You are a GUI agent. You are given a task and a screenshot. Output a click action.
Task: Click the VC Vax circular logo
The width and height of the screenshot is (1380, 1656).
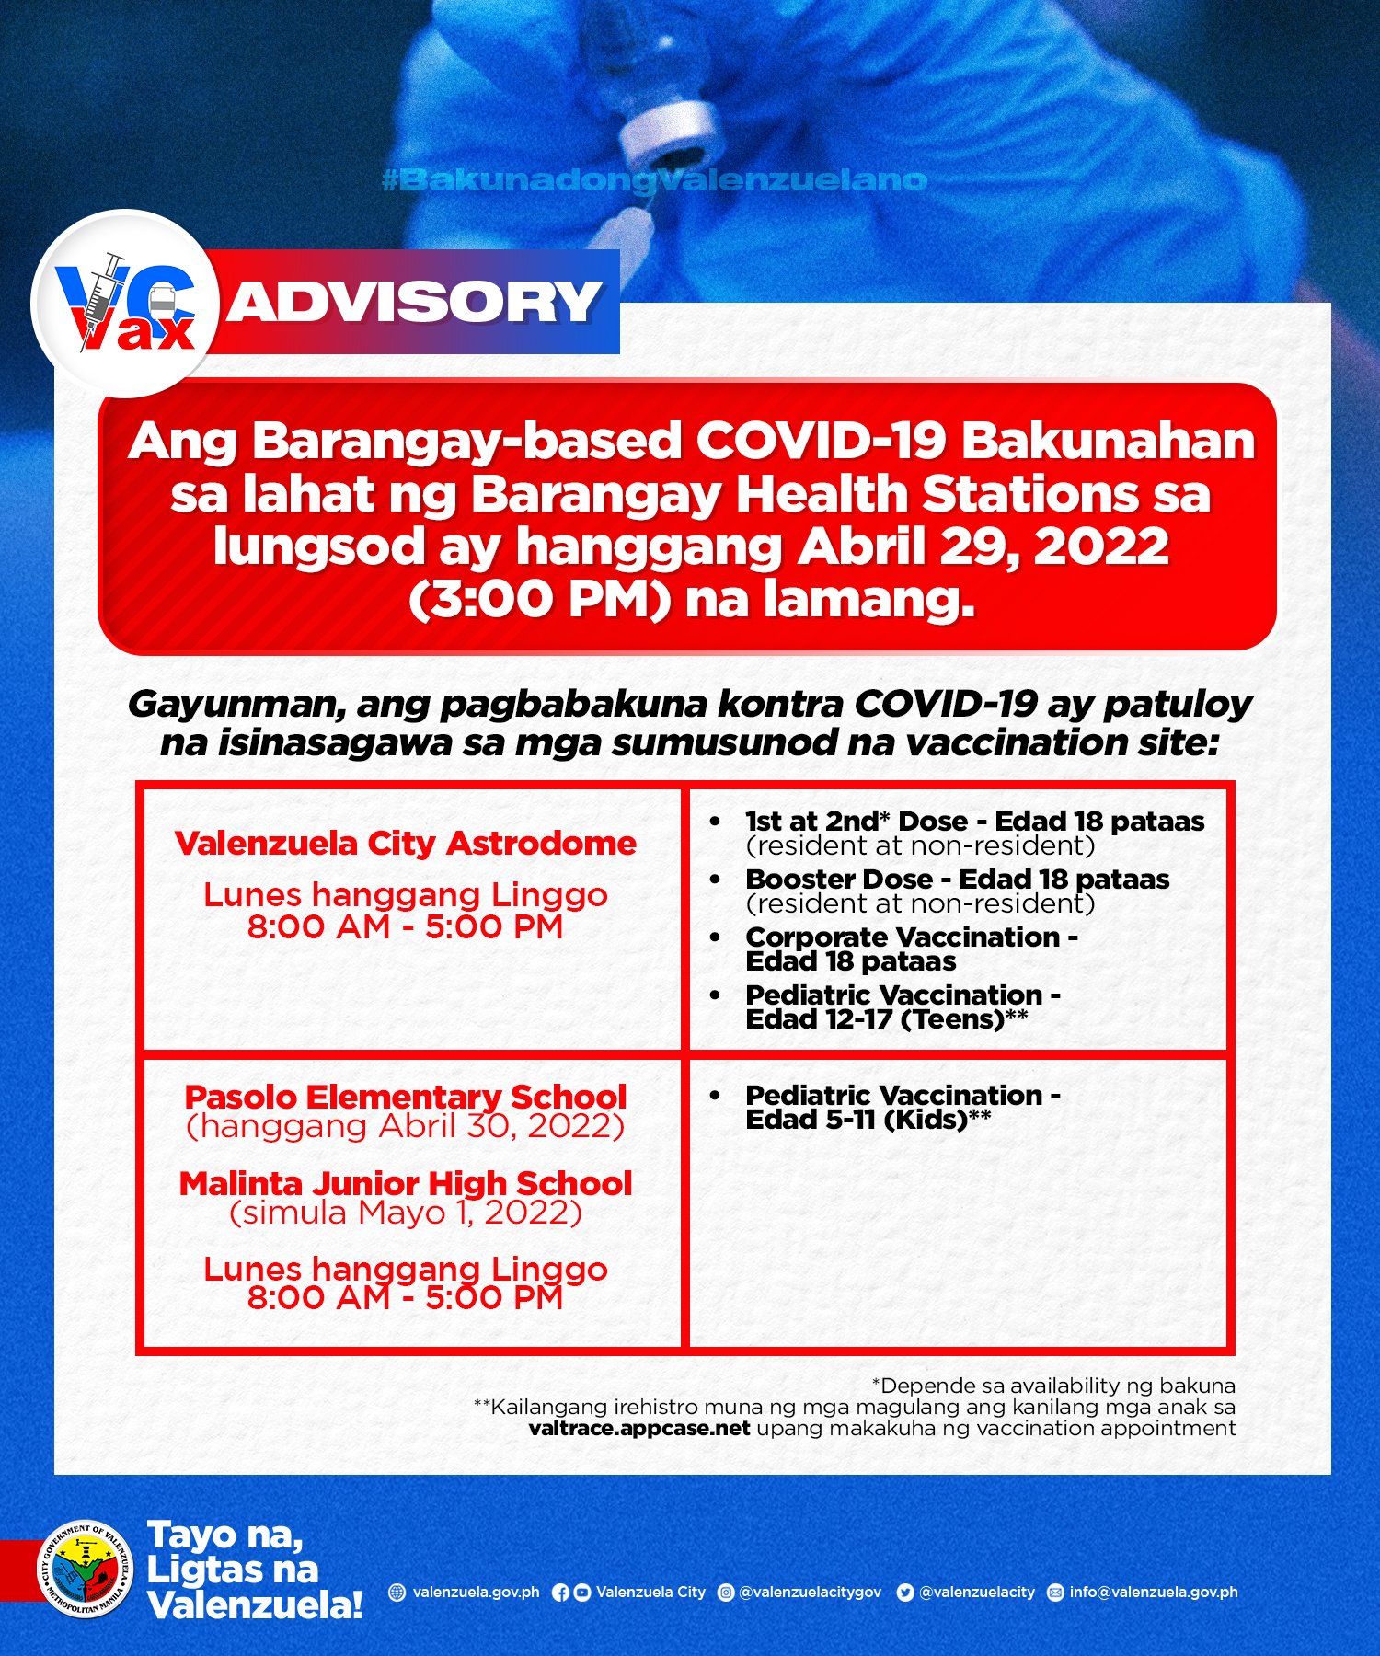pyautogui.click(x=125, y=304)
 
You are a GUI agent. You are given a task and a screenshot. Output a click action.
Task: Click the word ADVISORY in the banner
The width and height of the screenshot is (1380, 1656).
pyautogui.click(x=415, y=303)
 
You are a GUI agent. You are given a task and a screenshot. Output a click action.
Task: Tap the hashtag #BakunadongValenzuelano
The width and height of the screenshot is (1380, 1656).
pyautogui.click(x=654, y=180)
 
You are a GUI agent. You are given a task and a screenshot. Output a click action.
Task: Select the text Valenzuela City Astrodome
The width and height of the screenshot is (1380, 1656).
pyautogui.click(x=405, y=844)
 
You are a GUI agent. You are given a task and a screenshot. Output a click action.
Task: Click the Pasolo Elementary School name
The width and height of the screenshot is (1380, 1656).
pyautogui.click(x=405, y=1097)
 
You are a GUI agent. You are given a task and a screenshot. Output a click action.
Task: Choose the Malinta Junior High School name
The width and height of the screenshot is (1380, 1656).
pyautogui.click(x=405, y=1183)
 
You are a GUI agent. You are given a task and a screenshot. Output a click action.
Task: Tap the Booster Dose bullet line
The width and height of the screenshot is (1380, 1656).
pyautogui.click(x=957, y=880)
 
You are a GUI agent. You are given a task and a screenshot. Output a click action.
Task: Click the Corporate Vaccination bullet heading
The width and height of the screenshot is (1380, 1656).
pyautogui.click(x=911, y=937)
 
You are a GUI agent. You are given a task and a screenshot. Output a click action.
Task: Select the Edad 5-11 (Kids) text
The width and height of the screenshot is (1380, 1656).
pyautogui.click(x=868, y=1120)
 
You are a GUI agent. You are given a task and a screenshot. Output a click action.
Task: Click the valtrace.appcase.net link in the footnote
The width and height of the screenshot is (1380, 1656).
pyautogui.click(x=639, y=1429)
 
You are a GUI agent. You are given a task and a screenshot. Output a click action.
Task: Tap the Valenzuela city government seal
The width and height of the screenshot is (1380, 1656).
pyautogui.click(x=86, y=1569)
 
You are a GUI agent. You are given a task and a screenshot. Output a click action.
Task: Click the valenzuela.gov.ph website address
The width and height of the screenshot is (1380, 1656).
pyautogui.click(x=476, y=1593)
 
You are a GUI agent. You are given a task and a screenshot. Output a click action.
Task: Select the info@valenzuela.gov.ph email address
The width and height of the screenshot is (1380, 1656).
pyautogui.click(x=1153, y=1593)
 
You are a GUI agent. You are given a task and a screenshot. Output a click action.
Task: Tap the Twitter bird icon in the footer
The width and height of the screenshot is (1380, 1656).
pyautogui.click(x=905, y=1593)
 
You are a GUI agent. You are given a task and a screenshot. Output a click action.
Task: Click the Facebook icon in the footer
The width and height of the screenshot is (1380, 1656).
pyautogui.click(x=560, y=1593)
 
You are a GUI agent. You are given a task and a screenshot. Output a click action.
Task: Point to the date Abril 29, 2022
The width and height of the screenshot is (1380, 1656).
pyautogui.click(x=983, y=547)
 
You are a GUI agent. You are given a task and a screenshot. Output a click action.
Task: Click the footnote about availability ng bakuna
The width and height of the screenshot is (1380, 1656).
pyautogui.click(x=1053, y=1386)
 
